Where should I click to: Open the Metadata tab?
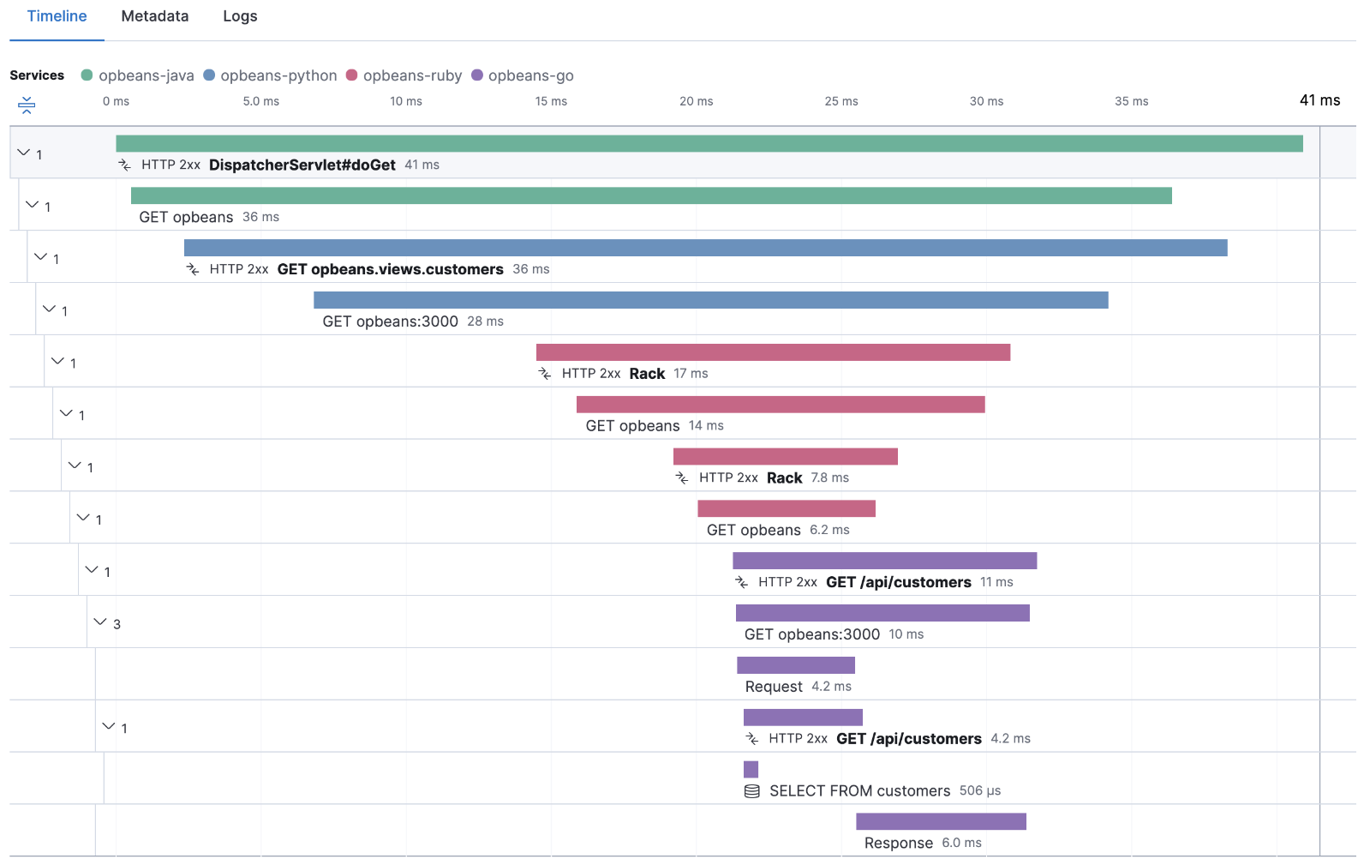pos(154,16)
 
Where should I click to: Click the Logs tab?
pos(240,16)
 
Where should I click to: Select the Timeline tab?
pos(57,16)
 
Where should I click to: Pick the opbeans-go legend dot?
pos(477,75)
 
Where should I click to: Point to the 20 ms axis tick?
pos(696,101)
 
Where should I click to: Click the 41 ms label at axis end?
pos(1319,100)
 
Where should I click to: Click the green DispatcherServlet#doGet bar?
pos(709,144)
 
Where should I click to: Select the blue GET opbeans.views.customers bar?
pos(705,248)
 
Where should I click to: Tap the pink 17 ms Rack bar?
pos(773,352)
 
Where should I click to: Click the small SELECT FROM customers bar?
pos(751,770)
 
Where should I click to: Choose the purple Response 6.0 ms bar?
pos(941,821)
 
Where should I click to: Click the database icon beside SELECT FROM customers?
pos(751,791)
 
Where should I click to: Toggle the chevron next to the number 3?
pos(100,622)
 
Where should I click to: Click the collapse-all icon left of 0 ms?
pos(27,105)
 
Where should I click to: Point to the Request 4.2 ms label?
pos(798,687)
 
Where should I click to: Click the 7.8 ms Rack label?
pos(784,478)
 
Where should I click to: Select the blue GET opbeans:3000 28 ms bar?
pos(710,300)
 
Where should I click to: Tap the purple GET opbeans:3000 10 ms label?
pos(811,634)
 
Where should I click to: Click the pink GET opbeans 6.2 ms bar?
pos(786,508)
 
